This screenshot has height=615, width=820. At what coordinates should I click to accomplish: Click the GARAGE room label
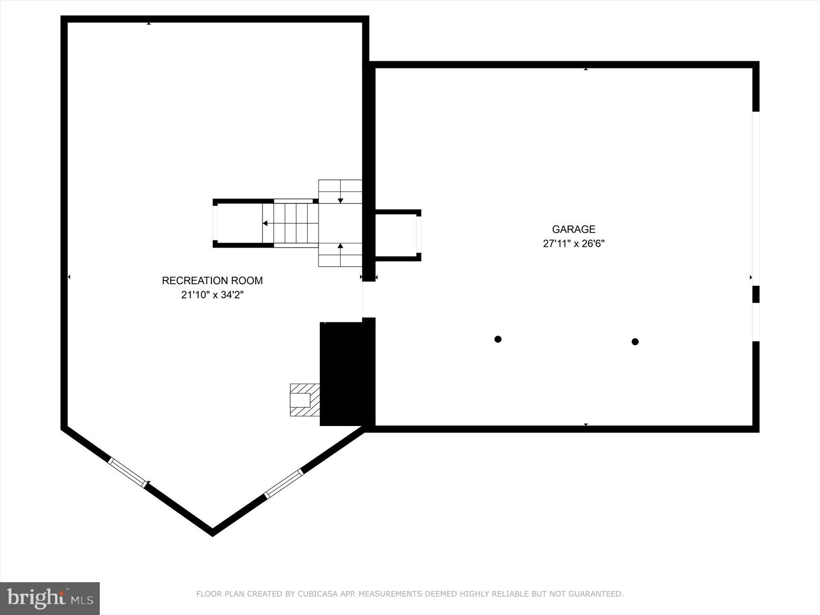574,229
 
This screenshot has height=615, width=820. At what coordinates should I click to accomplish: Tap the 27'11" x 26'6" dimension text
574,244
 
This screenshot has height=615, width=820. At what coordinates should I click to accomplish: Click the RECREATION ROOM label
212,281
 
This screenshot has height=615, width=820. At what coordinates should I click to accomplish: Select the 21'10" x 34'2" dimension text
212,295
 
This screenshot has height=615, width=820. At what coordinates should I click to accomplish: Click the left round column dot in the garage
498,339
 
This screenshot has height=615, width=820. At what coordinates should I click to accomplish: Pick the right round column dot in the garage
635,342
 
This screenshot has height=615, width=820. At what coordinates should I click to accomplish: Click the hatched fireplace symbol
304,400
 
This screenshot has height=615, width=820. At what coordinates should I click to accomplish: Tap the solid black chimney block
346,374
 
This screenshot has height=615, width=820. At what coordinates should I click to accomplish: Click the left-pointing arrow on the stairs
266,223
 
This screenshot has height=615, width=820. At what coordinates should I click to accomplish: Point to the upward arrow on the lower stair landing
340,246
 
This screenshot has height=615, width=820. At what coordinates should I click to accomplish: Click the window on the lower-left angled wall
128,472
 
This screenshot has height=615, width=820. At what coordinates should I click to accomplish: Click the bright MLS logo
50,598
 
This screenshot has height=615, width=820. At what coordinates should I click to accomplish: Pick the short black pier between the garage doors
756,294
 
